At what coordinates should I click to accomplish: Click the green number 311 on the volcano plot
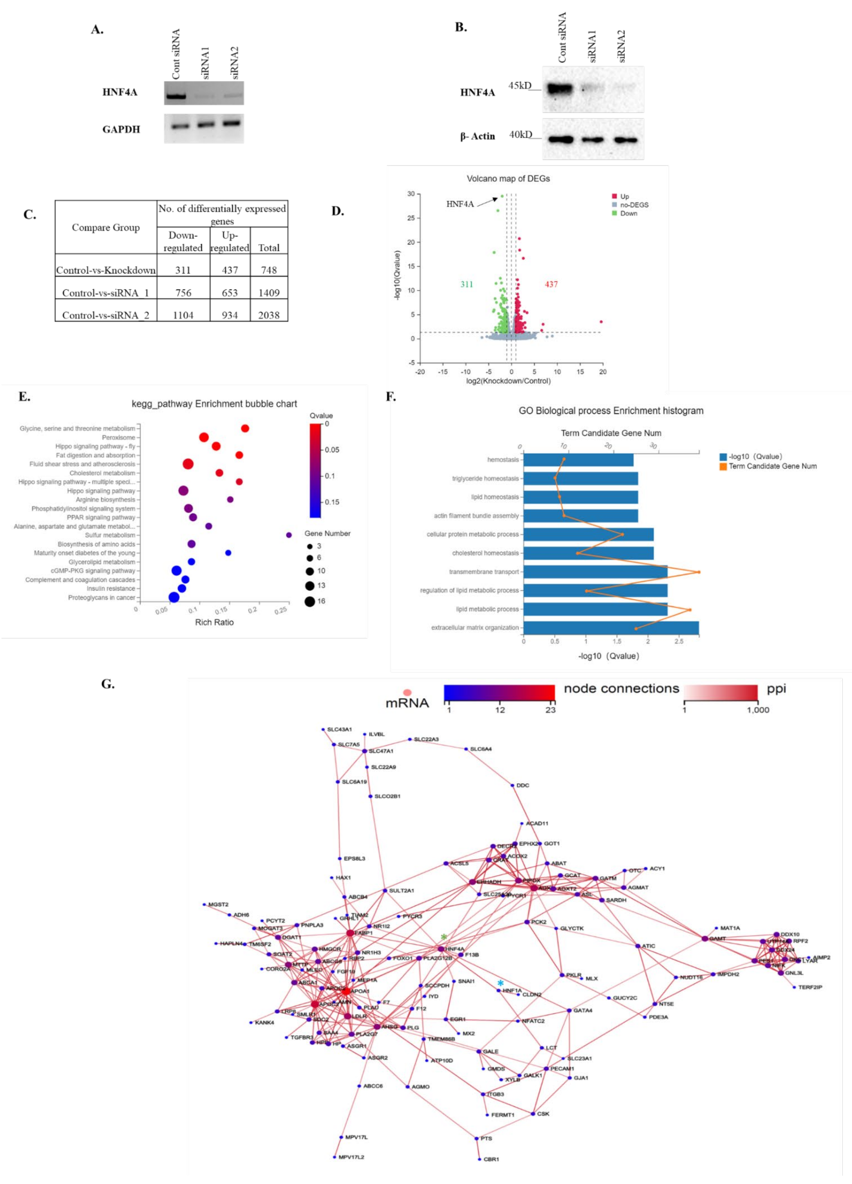point(466,285)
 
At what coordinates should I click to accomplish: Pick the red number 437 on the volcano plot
point(551,285)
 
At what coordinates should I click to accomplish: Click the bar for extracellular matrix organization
point(610,628)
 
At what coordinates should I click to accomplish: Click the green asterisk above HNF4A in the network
point(443,937)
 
